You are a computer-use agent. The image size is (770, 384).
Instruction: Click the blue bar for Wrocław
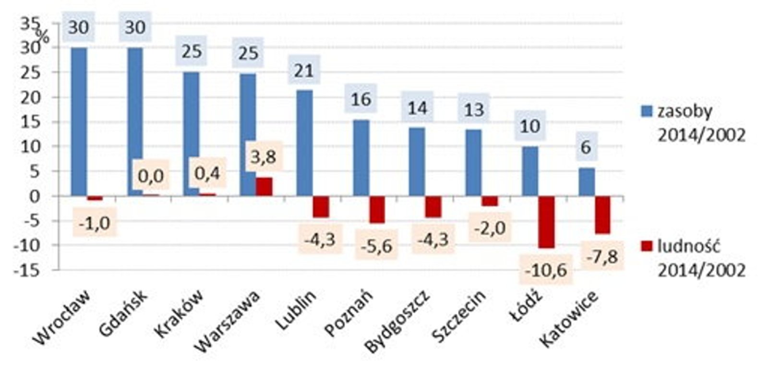(x=79, y=121)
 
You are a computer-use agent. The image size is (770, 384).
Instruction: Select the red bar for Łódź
(x=546, y=222)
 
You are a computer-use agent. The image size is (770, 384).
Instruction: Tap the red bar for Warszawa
(x=264, y=186)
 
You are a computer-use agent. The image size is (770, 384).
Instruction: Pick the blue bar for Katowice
(x=587, y=182)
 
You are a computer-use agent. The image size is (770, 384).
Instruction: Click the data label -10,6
(x=546, y=270)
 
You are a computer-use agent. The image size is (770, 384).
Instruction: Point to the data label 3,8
(x=264, y=156)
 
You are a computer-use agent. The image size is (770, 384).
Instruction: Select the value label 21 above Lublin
(x=304, y=71)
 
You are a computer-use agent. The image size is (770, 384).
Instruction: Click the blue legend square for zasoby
(x=647, y=111)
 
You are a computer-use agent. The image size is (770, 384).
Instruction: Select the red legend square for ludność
(x=647, y=246)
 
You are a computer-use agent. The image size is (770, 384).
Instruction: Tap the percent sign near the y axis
(x=43, y=36)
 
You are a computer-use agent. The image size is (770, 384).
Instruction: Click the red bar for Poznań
(x=377, y=209)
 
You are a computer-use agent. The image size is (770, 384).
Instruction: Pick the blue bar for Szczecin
(x=473, y=163)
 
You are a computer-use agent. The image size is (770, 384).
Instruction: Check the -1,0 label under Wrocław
(x=95, y=223)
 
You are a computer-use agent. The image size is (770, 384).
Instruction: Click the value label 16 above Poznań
(x=361, y=99)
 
